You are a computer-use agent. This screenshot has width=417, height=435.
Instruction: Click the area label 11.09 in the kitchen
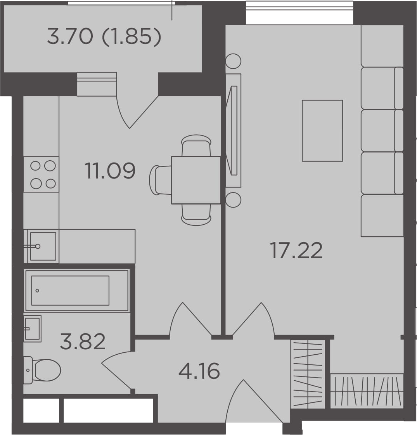(x=110, y=171)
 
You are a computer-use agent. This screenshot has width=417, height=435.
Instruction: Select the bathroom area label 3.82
(x=83, y=342)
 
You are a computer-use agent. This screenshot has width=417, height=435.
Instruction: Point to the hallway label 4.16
(x=199, y=371)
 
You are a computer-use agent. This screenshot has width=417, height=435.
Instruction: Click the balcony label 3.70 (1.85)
(x=104, y=37)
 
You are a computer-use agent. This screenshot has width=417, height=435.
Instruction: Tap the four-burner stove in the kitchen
(x=42, y=174)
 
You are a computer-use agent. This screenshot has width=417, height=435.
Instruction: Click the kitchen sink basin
(x=43, y=246)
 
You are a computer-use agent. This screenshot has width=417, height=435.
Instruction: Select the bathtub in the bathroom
(x=76, y=290)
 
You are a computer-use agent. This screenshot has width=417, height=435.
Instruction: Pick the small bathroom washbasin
(x=33, y=328)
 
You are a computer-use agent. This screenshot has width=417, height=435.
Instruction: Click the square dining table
(x=196, y=180)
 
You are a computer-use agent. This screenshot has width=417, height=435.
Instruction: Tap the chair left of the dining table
(x=160, y=180)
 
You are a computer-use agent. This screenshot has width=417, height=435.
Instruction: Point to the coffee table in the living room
(x=322, y=130)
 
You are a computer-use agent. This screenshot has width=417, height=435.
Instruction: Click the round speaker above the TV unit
(x=233, y=61)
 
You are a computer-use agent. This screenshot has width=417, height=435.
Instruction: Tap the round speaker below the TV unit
(x=233, y=200)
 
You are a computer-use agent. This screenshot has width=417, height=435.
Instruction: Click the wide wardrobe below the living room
(x=367, y=390)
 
